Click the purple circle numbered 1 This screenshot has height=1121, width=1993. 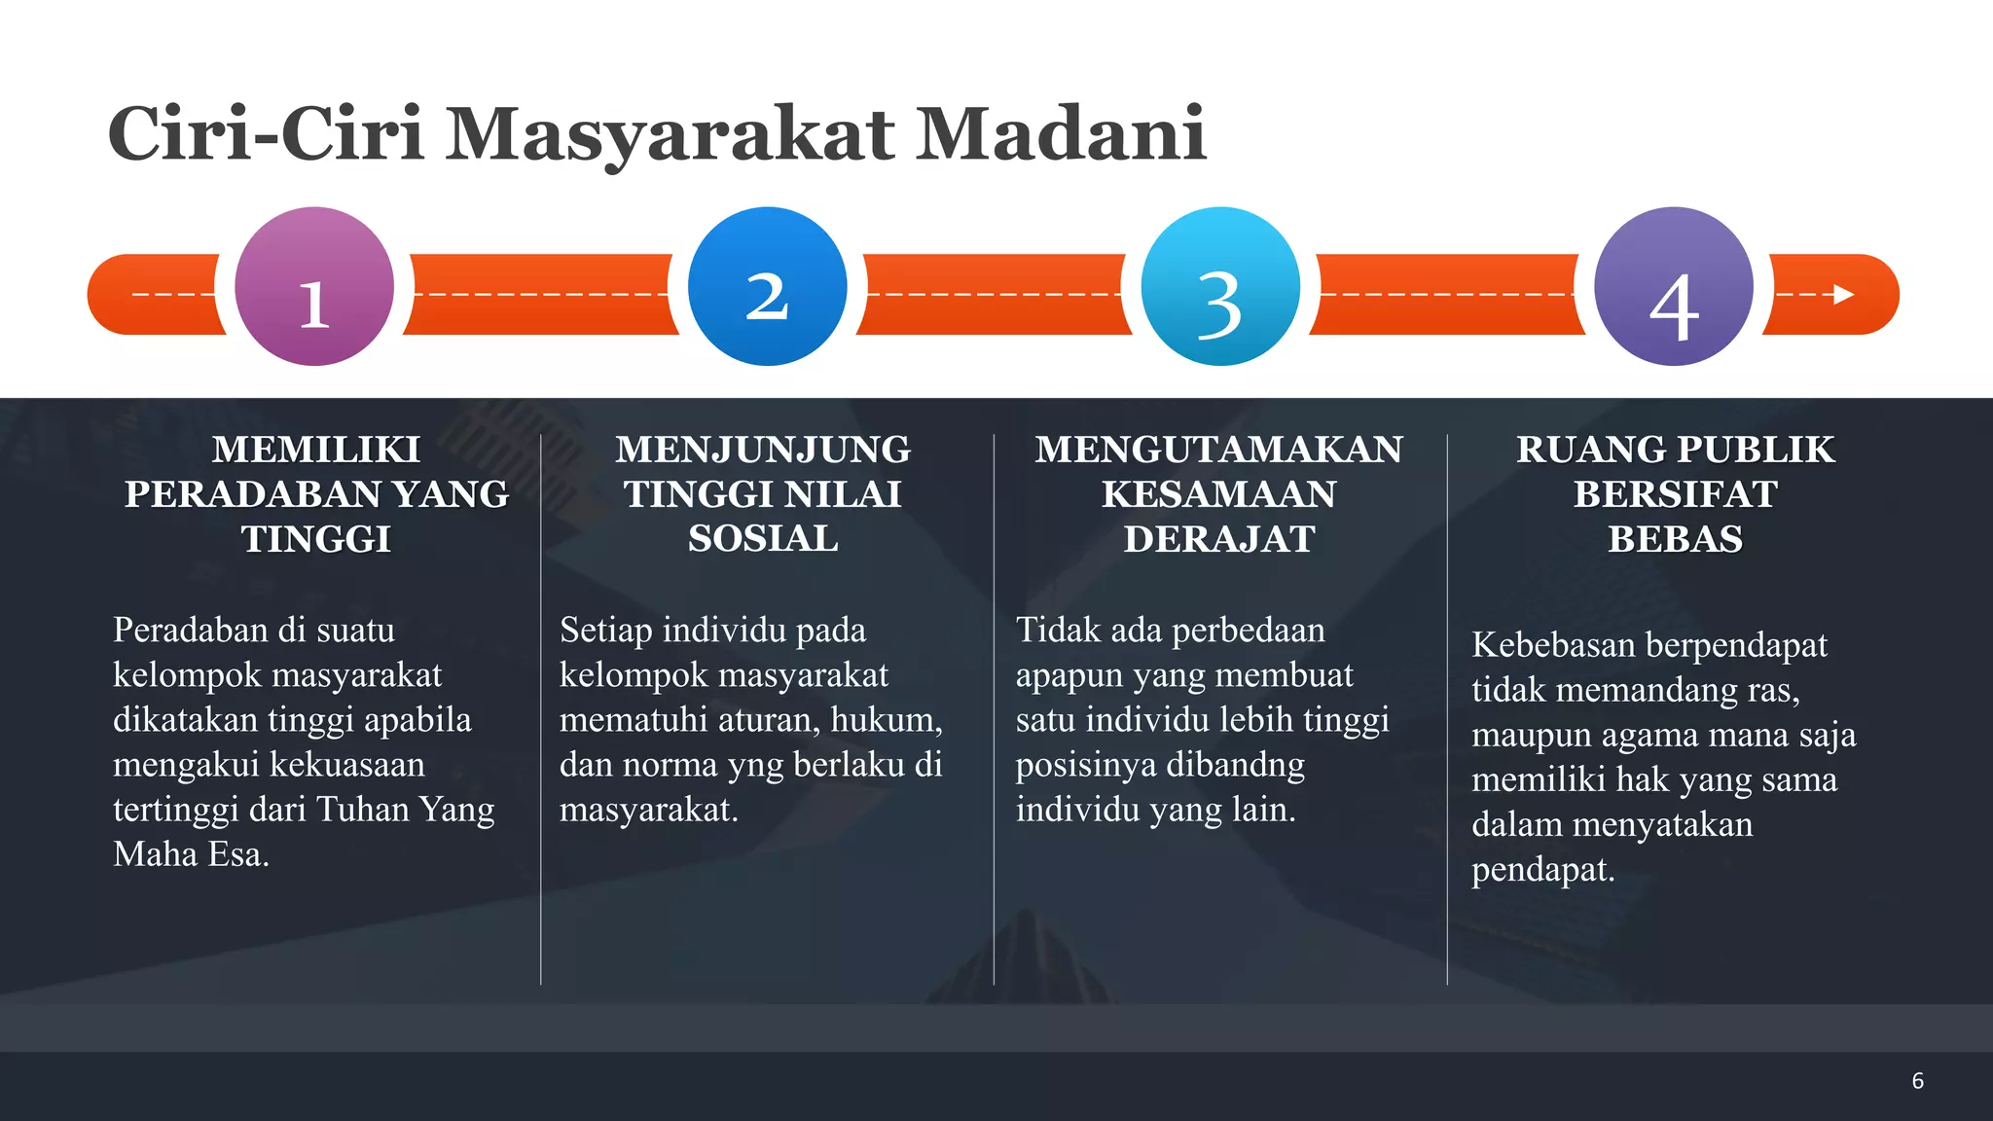(314, 286)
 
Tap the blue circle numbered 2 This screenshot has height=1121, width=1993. (767, 286)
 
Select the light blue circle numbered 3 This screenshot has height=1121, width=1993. (1220, 286)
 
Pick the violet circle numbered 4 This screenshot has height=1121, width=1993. (1674, 286)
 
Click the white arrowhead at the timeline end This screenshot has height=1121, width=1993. (1843, 294)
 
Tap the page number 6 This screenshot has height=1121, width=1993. (1917, 1081)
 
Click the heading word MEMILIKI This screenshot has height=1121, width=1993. (316, 450)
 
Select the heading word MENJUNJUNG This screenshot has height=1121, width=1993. (763, 450)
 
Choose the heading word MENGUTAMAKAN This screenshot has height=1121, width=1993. (1218, 450)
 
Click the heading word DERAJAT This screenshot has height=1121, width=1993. (1219, 539)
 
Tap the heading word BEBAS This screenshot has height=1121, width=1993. (1675, 539)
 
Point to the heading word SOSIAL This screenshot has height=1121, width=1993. (763, 539)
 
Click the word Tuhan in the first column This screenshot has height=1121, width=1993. (362, 810)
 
